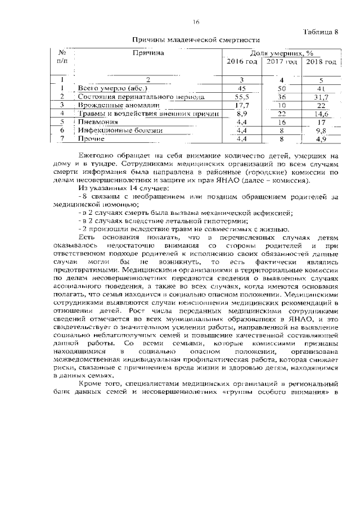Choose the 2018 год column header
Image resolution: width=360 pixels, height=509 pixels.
click(322, 61)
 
